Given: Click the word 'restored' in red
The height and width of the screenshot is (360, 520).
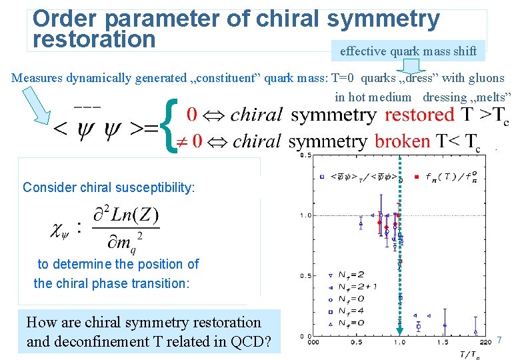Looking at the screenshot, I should pyautogui.click(x=420, y=115).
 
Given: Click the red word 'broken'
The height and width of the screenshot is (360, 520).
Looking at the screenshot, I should pyautogui.click(x=402, y=141).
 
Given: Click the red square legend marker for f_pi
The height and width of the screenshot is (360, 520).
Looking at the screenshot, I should pyautogui.click(x=417, y=177).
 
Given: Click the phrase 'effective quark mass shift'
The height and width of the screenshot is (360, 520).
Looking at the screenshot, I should pyautogui.click(x=408, y=51).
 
